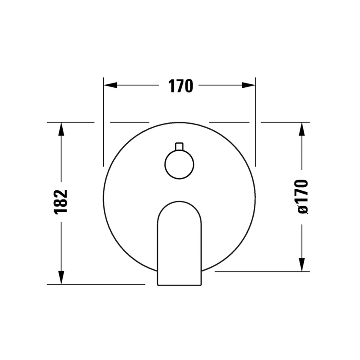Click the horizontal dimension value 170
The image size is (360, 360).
[181, 86]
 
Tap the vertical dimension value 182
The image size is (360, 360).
[61, 202]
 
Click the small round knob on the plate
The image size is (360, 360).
[179, 164]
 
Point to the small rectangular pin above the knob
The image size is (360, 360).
[179, 147]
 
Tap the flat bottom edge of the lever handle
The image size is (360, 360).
[179, 285]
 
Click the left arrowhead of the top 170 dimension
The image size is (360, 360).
[111, 85]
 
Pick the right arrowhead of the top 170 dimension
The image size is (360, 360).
[249, 85]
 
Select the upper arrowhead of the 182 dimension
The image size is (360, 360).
[61, 129]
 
